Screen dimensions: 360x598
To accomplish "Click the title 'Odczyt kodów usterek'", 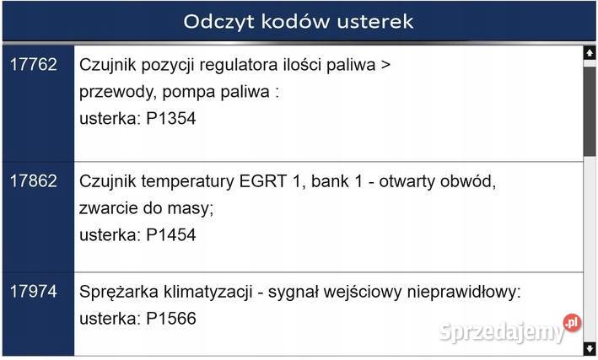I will (299, 21).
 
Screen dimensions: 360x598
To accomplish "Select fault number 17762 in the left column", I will (34, 64).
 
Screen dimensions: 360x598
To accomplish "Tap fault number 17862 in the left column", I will (34, 180).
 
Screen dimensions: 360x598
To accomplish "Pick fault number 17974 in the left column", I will (34, 293).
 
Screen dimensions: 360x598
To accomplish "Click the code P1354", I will (170, 119).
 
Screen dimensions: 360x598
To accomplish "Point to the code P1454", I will (170, 235).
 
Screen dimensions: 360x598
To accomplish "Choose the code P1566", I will (170, 320).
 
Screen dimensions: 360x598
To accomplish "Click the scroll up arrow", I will (589, 53).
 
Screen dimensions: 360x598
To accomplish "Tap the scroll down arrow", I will (589, 347).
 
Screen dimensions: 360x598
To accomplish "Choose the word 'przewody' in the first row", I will (114, 92).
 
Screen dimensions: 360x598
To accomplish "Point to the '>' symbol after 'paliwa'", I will (385, 65).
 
